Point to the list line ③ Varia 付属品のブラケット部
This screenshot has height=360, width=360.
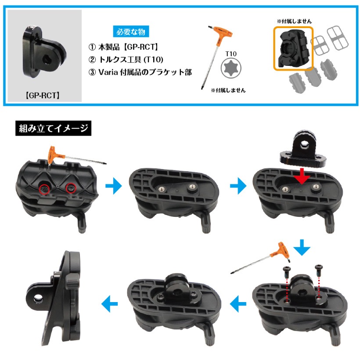pyautogui.click(x=140, y=72)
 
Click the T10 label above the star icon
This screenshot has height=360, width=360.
pyautogui.click(x=231, y=54)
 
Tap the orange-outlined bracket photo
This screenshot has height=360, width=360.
pyautogui.click(x=293, y=48)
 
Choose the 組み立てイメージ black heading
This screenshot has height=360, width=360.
pyautogui.click(x=53, y=129)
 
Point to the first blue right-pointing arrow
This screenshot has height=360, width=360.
pyautogui.click(x=114, y=188)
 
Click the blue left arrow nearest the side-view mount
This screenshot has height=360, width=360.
pyautogui.click(x=108, y=302)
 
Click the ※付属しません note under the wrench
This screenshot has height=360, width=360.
pyautogui.click(x=228, y=90)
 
